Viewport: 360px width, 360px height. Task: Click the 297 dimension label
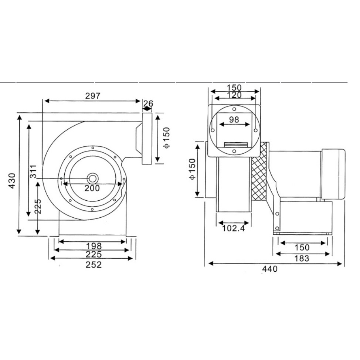tap(93, 96)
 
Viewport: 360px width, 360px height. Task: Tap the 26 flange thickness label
tap(148, 103)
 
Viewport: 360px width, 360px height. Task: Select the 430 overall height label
tap(12, 181)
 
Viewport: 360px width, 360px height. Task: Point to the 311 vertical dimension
tap(33, 171)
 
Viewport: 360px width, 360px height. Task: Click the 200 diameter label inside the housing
tap(92, 188)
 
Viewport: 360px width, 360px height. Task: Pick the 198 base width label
tap(94, 246)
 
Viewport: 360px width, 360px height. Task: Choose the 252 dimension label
tap(94, 265)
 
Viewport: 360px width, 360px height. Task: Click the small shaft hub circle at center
tap(92, 179)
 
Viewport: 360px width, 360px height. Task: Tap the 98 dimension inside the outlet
tap(234, 119)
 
